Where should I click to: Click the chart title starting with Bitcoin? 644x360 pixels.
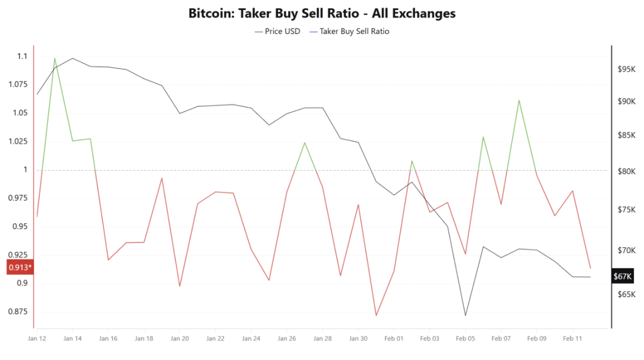tap(322, 13)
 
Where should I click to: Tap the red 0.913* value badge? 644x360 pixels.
tap(19, 267)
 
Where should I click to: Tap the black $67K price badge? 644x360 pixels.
tap(623, 276)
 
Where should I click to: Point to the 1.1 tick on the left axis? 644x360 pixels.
tap(22, 57)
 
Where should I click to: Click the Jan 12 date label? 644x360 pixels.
tap(37, 339)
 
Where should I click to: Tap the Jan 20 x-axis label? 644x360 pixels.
tap(180, 339)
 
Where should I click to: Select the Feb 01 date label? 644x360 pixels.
tap(394, 339)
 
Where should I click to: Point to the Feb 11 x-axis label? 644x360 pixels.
tap(572, 339)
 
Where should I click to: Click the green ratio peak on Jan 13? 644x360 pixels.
tap(55, 58)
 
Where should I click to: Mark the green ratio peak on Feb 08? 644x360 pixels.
tap(519, 100)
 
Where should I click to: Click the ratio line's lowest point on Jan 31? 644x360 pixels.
tap(376, 315)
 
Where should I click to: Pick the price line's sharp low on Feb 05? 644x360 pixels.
tap(465, 315)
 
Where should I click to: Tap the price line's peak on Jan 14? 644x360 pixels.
tap(72, 58)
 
